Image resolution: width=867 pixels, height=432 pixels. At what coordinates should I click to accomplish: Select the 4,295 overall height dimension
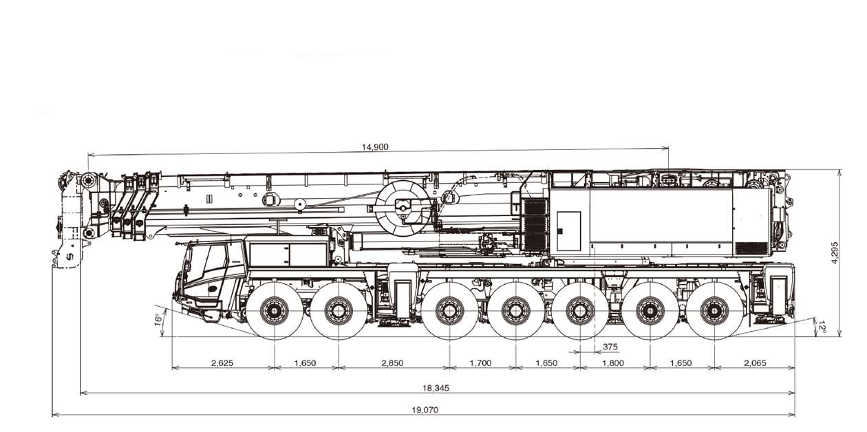pyautogui.click(x=834, y=252)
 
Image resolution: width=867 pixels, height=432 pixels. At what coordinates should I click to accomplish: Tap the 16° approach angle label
pyautogui.click(x=158, y=319)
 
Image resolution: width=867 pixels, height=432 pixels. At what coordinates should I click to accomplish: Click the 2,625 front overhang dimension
pyautogui.click(x=222, y=363)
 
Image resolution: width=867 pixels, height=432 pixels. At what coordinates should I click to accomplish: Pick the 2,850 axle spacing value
pyautogui.click(x=393, y=363)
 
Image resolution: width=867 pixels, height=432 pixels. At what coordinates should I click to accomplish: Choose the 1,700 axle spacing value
pyautogui.click(x=481, y=363)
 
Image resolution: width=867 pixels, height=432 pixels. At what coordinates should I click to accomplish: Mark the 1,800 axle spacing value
pyautogui.click(x=613, y=363)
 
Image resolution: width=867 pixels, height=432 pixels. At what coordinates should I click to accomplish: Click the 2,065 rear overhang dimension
pyautogui.click(x=754, y=363)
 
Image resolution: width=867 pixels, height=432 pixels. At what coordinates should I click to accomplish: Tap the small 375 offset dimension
pyautogui.click(x=610, y=346)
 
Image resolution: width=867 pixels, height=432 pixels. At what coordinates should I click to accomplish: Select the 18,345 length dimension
pyautogui.click(x=435, y=388)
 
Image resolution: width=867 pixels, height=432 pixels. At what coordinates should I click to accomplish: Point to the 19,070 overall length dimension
pyautogui.click(x=425, y=410)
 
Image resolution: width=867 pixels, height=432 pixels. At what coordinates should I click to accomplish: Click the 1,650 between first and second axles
pyautogui.click(x=305, y=363)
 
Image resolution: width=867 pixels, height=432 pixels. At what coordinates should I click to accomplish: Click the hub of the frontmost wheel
pyautogui.click(x=275, y=310)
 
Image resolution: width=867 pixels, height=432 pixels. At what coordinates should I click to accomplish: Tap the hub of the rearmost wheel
pyautogui.click(x=714, y=310)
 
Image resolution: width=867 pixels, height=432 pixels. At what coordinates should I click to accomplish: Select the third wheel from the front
pyautogui.click(x=449, y=310)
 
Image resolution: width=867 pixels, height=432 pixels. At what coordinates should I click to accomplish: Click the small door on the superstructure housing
pyautogui.click(x=568, y=230)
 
